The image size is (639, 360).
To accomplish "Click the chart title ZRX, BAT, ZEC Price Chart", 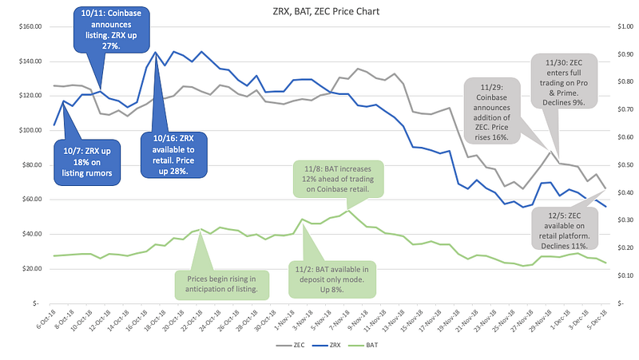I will point(319,12).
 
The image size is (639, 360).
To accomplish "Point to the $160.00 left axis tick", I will point(28,26).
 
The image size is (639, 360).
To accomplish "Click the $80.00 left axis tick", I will point(30,164).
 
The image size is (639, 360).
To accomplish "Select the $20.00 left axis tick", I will point(30,268).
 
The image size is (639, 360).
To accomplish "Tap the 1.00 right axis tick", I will point(624,26).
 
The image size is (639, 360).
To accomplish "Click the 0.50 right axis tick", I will point(624,164).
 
